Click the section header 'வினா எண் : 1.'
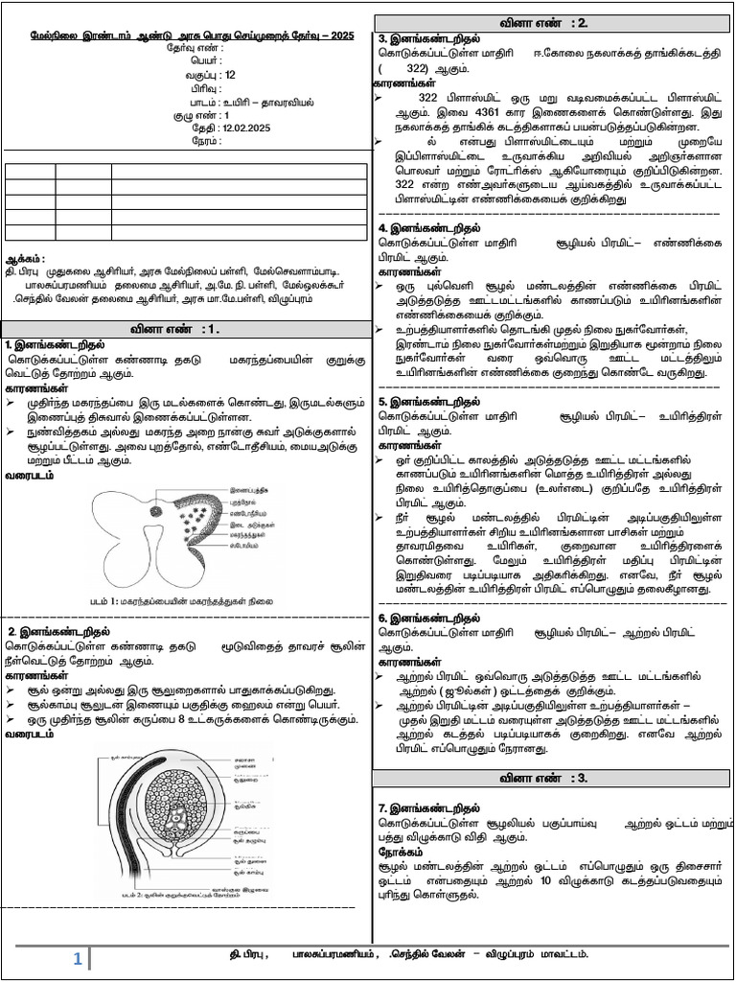click(185, 329)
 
